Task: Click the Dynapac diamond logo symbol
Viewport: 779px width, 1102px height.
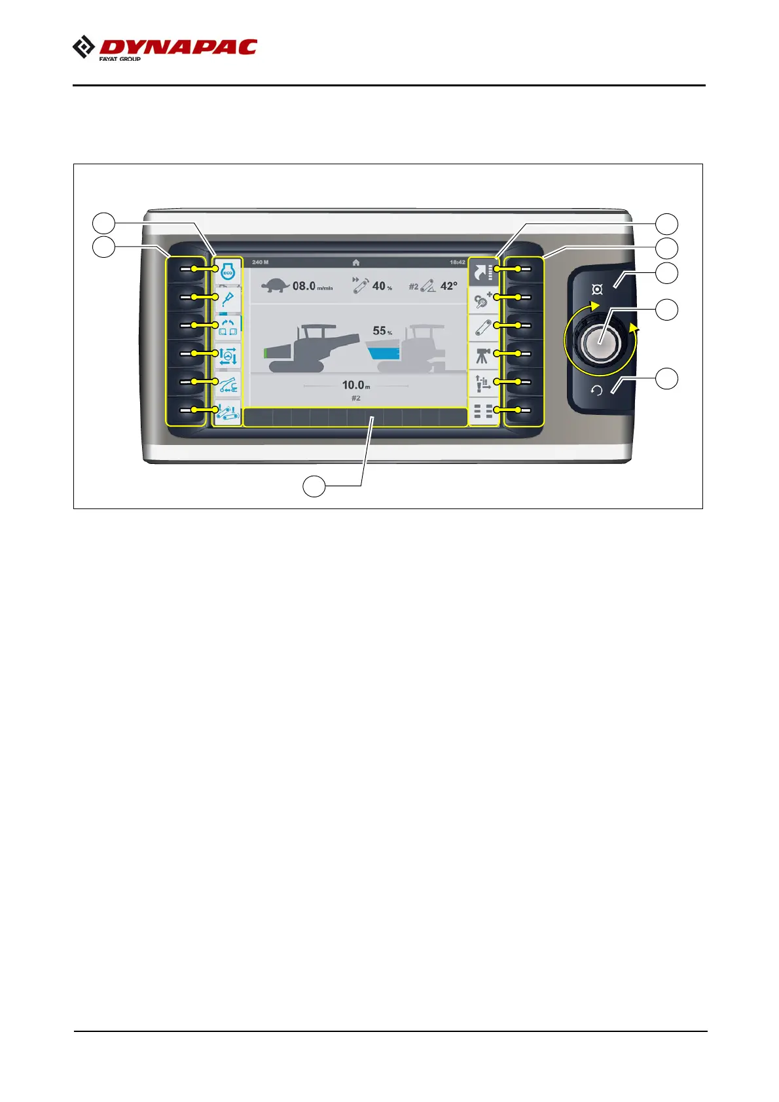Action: tap(83, 47)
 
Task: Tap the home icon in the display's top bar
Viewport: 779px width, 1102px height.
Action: tap(356, 262)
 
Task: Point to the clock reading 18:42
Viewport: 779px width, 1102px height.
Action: tap(458, 262)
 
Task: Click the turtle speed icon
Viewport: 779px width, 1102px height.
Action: tap(275, 285)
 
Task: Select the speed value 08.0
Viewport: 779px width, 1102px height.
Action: tap(304, 286)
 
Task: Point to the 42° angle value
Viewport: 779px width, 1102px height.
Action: tap(449, 286)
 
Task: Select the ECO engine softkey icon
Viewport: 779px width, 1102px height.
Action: tap(228, 272)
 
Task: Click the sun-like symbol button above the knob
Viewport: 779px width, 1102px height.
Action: tap(597, 289)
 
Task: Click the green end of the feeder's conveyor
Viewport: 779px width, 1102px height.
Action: tap(266, 353)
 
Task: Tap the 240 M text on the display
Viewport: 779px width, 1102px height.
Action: tap(261, 262)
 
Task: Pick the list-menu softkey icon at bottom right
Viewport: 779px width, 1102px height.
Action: tap(483, 412)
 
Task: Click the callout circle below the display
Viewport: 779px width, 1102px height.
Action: tap(314, 486)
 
